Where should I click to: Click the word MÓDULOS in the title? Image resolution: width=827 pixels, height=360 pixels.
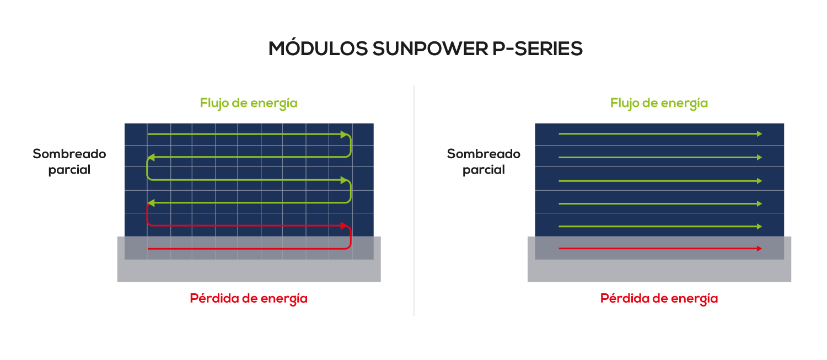point(318,48)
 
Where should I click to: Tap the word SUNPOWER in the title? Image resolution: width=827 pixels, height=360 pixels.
point(430,49)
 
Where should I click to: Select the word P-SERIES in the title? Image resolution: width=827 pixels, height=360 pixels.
point(538,49)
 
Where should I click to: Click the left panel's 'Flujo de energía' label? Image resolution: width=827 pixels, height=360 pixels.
point(249,103)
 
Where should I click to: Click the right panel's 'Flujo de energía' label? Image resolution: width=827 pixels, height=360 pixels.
point(659,103)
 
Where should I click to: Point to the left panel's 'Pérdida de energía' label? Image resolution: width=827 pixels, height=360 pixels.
point(249,298)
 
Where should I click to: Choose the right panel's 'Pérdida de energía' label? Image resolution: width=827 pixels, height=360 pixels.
point(659,298)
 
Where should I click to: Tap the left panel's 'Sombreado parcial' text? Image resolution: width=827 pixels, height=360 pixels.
point(69,162)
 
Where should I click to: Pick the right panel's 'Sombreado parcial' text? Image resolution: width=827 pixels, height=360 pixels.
point(484,162)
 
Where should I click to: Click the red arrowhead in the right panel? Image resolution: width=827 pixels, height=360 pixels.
point(759,249)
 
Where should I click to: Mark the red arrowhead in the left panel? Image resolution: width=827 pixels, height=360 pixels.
point(345,225)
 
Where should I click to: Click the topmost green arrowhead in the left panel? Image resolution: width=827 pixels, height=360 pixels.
point(345,135)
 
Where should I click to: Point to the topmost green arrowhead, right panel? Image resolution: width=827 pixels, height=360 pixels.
point(759,133)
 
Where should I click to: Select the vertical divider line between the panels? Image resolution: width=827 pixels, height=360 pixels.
point(414,201)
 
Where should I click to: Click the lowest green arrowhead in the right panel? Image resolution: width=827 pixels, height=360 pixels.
point(759,227)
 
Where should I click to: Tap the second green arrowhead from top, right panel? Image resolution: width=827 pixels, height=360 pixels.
point(759,157)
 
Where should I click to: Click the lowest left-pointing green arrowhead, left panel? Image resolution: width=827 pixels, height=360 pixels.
point(151,203)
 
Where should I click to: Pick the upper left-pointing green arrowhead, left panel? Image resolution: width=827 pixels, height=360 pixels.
point(151,158)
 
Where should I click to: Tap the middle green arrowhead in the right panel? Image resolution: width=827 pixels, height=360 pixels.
point(759,181)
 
